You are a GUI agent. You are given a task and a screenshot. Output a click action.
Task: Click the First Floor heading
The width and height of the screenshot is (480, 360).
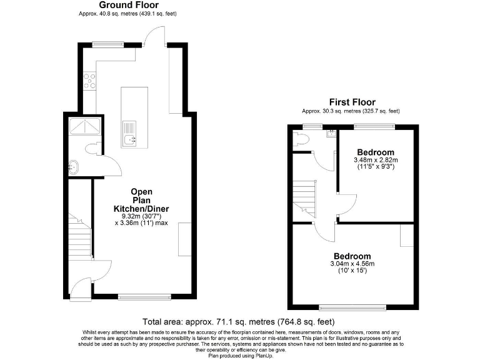[x=352, y=102]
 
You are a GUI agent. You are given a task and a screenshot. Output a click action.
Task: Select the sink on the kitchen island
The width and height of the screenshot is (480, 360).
[x=130, y=139]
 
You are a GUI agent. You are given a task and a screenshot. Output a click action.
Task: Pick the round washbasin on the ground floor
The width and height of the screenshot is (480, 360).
[x=74, y=166]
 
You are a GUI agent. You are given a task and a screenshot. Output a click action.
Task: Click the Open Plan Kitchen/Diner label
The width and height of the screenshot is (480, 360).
[x=141, y=200]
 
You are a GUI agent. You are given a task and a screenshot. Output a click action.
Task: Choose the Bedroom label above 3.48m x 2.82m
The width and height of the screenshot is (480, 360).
[x=376, y=152]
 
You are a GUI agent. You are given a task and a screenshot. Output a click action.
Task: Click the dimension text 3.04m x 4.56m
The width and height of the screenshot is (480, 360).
[x=352, y=264]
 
